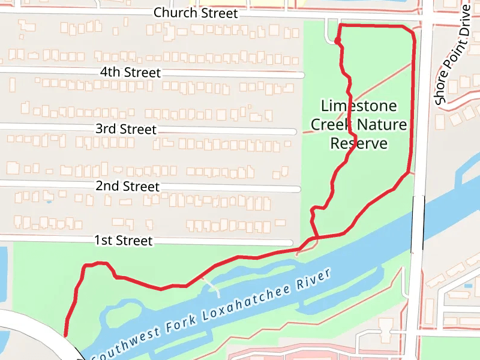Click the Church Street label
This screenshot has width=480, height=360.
[x=196, y=13]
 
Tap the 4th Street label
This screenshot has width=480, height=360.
[x=130, y=73]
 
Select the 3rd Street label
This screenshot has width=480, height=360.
[x=125, y=129]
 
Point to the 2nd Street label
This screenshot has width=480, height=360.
[x=127, y=187]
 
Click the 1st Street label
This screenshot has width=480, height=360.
[x=123, y=241]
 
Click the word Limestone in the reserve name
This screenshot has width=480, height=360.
[x=359, y=106]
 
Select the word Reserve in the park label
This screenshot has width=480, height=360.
[x=359, y=144]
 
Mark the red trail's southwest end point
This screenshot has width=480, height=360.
[x=65, y=335]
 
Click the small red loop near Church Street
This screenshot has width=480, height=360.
[x=338, y=41]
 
